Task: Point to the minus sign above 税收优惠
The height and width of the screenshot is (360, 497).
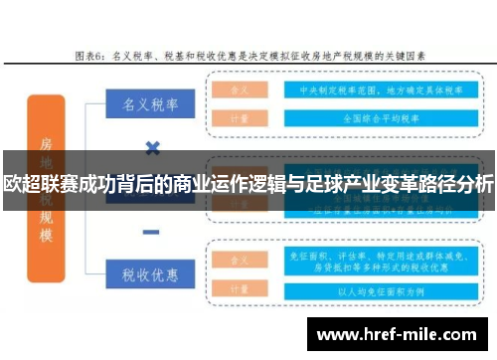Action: point(152,232)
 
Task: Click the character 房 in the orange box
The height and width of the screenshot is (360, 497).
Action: point(47,144)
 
